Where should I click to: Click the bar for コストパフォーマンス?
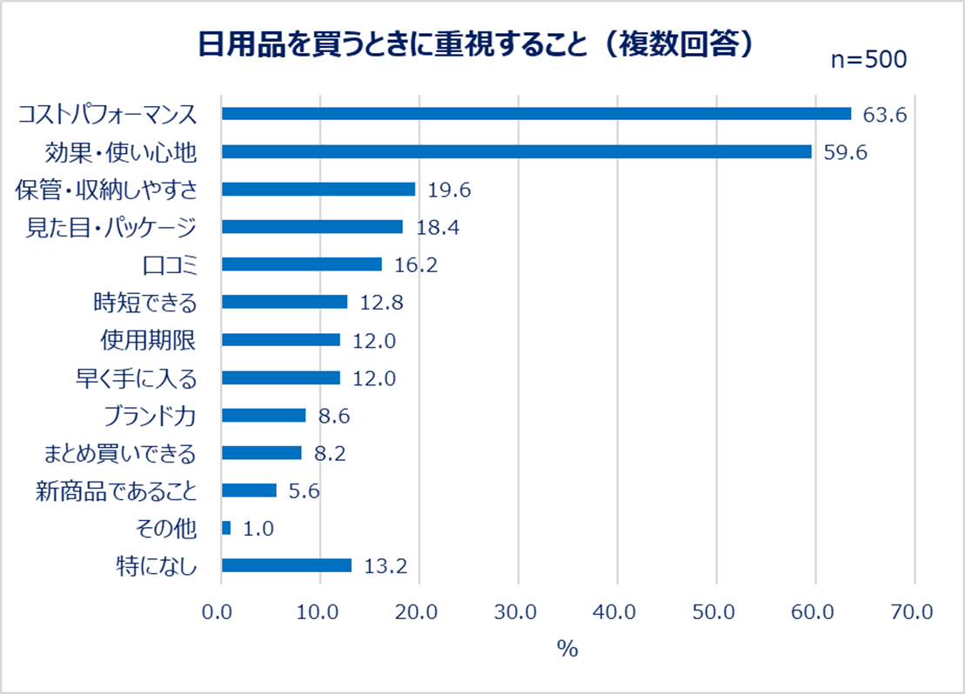point(536,113)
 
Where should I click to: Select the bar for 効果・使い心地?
point(517,151)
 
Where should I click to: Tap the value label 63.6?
point(885,114)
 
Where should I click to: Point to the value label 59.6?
point(846,152)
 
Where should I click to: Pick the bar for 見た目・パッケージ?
point(312,227)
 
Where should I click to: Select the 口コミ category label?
point(169,264)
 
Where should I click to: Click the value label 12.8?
point(381,303)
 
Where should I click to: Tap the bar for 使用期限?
point(280,340)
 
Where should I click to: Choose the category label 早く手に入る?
point(137,378)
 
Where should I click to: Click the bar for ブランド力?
point(264,416)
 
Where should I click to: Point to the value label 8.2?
point(335,453)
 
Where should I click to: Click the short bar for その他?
point(226,528)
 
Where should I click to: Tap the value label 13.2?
point(385,566)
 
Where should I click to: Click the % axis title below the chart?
point(567,650)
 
